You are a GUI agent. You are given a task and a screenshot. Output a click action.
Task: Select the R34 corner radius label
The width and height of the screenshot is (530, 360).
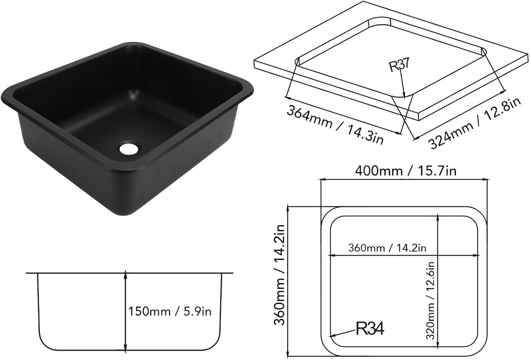pos(369,329)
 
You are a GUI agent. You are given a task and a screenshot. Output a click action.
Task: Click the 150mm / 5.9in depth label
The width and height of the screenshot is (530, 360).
pos(170,312)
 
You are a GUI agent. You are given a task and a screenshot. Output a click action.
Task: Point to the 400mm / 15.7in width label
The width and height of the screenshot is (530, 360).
pos(405,171)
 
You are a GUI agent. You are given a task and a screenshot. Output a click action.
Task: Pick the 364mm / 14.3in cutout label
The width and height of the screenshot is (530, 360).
pos(334,124)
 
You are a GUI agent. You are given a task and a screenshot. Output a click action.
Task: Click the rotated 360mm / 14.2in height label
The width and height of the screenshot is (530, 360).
pos(280,275)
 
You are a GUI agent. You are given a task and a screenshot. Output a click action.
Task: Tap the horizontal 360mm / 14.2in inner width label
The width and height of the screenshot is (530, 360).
pos(387,248)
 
